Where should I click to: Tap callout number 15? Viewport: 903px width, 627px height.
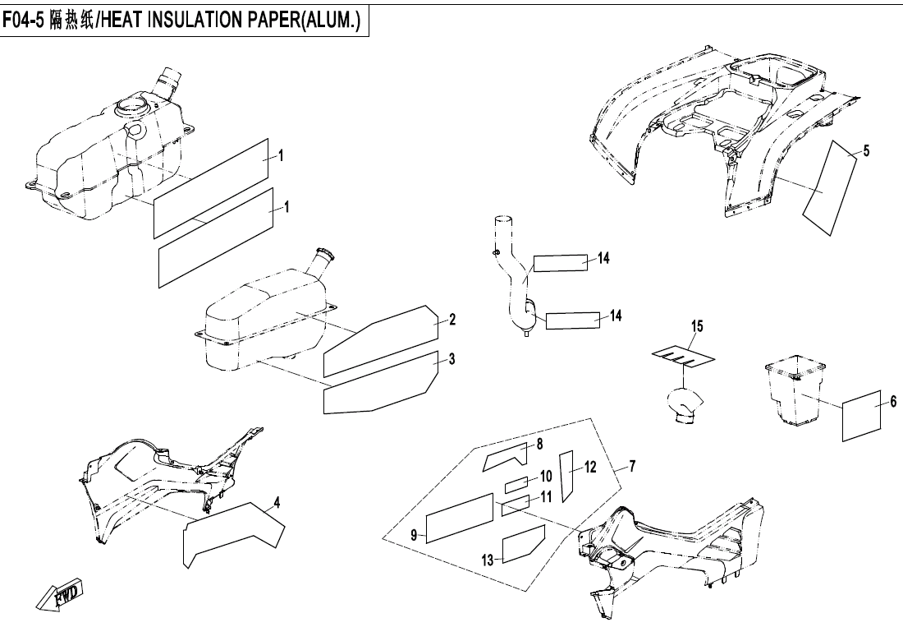point(696,326)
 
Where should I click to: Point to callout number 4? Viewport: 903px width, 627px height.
point(277,500)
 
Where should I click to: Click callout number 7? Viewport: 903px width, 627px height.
point(631,467)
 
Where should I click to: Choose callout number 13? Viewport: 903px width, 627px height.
point(488,560)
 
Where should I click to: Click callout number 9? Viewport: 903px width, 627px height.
point(414,536)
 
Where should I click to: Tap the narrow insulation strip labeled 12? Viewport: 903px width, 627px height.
point(566,475)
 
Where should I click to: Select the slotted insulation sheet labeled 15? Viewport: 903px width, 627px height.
point(682,356)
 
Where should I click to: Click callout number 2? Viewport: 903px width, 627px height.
point(451,319)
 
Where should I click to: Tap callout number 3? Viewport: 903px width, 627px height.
point(451,359)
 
